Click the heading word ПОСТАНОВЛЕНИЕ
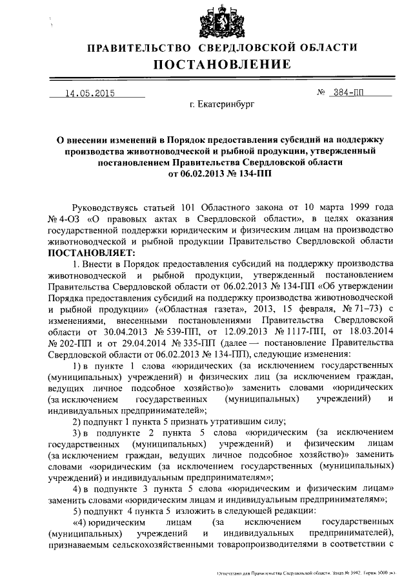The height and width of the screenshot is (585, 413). pyautogui.click(x=222, y=65)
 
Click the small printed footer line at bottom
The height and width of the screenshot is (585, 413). pyautogui.click(x=310, y=573)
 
